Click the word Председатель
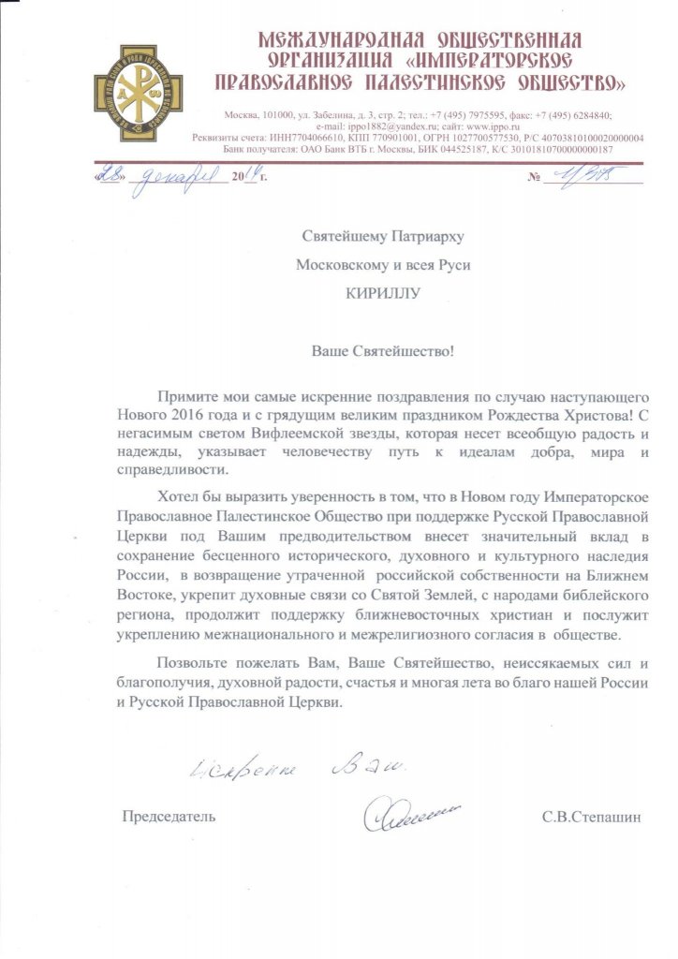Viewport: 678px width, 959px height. click(x=169, y=817)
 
